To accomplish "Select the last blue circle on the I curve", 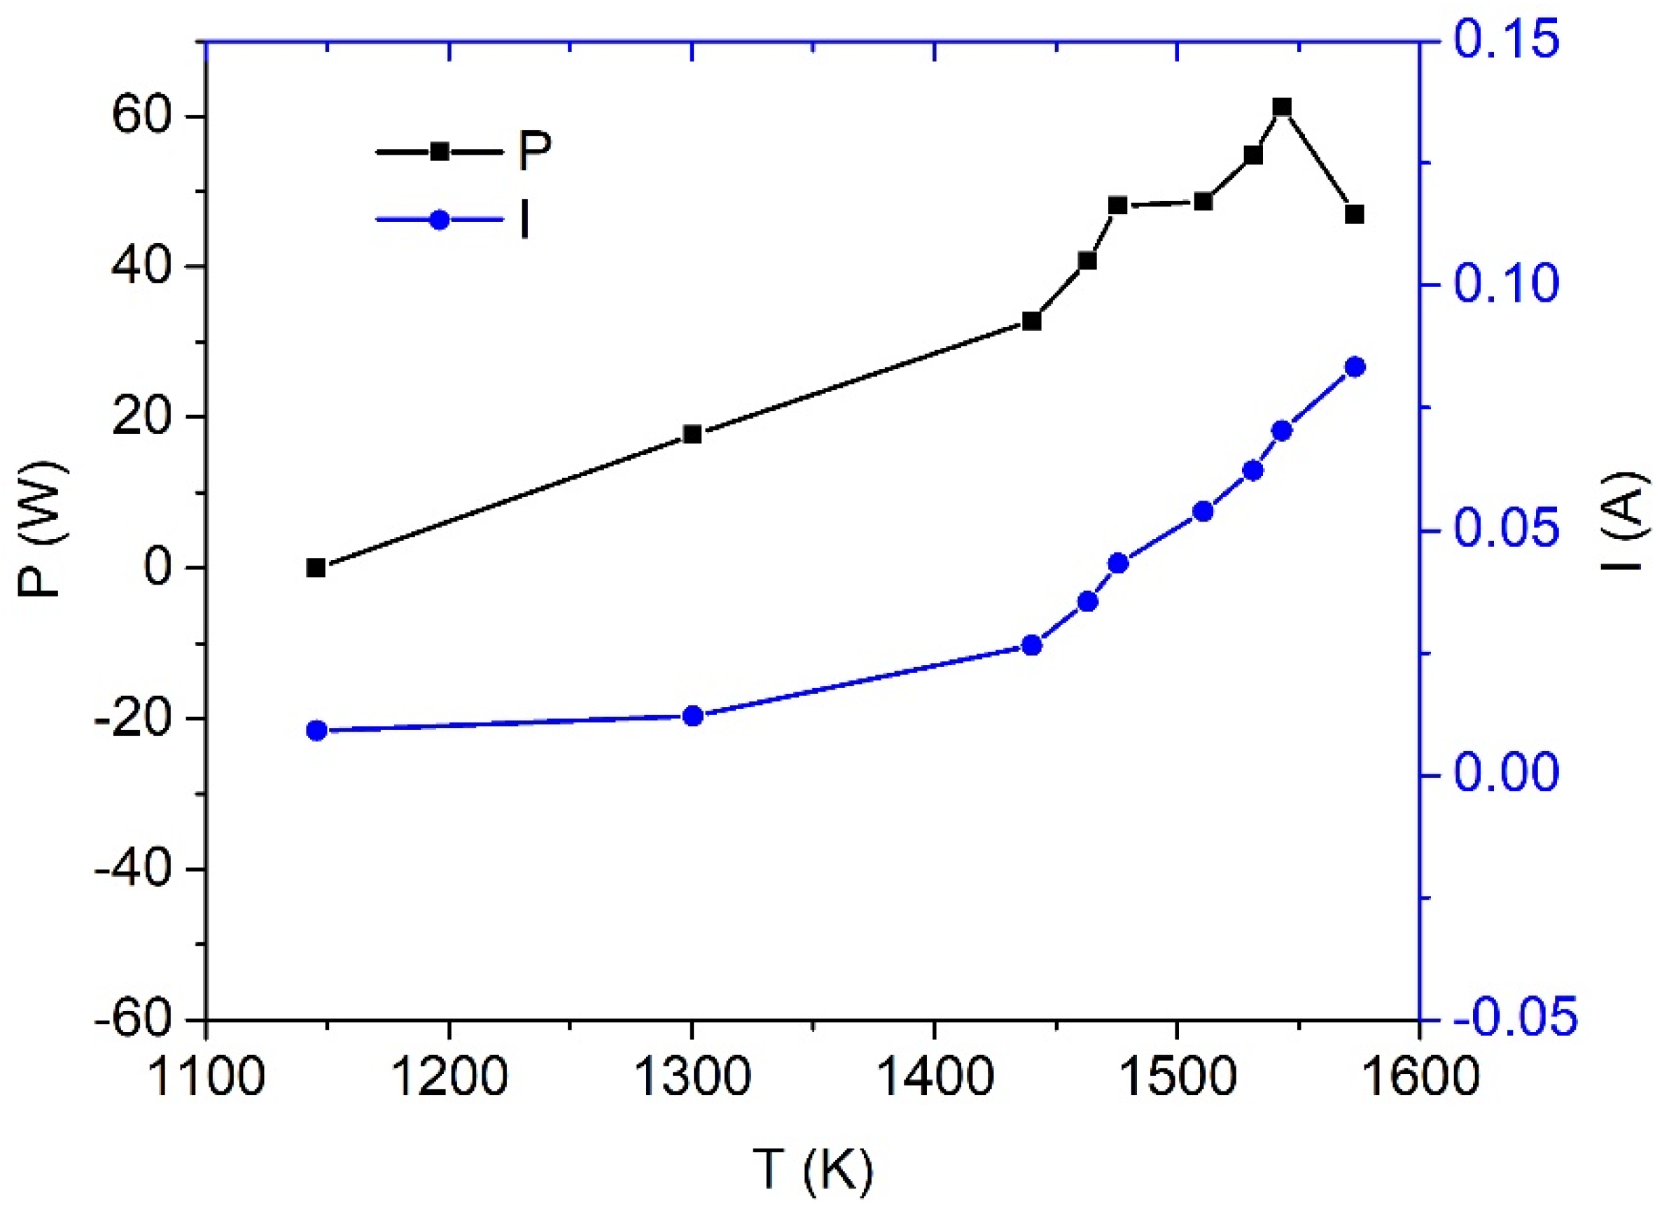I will click(1355, 368).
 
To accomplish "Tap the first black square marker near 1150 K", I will click(316, 568).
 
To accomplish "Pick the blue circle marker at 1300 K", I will click(692, 715).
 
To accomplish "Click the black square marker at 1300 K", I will click(692, 434).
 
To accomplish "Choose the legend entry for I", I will click(453, 219).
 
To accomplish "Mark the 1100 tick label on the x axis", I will click(206, 1078).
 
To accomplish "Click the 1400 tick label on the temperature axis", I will click(934, 1078).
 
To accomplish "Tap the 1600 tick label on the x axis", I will click(1419, 1078).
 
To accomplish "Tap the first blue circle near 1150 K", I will click(316, 731).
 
